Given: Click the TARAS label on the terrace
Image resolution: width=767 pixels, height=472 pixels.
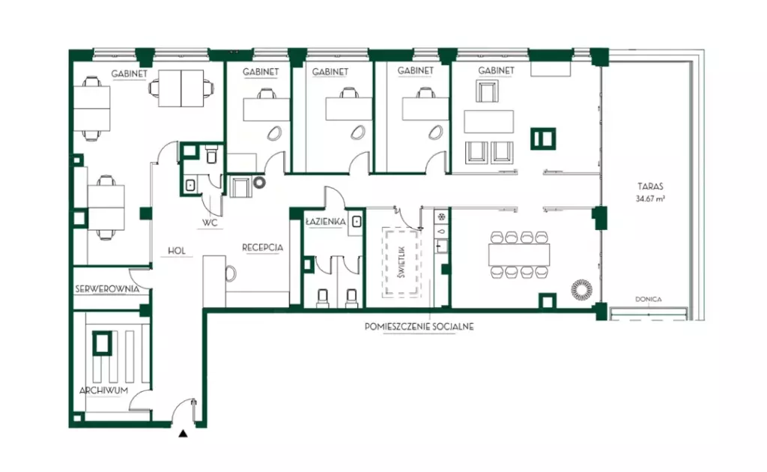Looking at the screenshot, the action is click(x=650, y=187).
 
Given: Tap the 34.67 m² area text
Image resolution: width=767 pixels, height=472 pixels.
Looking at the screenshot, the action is click(x=650, y=199).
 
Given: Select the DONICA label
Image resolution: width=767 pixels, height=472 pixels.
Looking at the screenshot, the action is click(x=648, y=300).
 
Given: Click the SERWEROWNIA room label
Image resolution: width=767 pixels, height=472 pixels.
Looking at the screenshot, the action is click(x=107, y=289).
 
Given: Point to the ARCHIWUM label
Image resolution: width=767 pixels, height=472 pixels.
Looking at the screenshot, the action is click(x=103, y=390).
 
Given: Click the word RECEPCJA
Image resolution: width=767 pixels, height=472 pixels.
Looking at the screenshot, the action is click(x=263, y=247).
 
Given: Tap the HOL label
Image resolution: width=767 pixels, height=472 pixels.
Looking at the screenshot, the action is click(x=177, y=250).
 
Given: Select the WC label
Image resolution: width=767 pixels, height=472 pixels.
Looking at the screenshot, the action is click(x=210, y=223).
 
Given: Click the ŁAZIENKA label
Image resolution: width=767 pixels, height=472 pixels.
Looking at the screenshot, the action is click(x=325, y=222).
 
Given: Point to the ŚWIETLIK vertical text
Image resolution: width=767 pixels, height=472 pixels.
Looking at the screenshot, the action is click(x=401, y=262).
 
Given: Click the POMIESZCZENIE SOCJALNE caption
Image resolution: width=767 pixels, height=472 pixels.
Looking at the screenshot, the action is click(x=419, y=326).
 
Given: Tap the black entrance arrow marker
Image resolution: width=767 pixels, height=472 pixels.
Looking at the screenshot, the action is click(x=183, y=433).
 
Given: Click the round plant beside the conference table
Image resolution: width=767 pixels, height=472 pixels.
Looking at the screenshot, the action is click(x=581, y=289).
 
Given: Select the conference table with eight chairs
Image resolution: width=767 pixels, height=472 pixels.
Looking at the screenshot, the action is click(x=519, y=254).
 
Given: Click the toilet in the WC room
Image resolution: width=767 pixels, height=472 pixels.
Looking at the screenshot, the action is click(x=212, y=155).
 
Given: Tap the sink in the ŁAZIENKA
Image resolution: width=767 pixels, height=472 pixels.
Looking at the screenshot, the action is click(x=357, y=222).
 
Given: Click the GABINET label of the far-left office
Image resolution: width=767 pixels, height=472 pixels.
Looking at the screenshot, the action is click(x=129, y=74).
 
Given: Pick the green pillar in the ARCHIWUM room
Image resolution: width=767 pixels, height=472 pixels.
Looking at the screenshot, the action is click(x=102, y=343).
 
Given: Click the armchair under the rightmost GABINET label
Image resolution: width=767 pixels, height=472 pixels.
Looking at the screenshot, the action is click(x=487, y=91).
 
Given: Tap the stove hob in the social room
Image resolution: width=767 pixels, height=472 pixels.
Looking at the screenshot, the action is click(x=441, y=217).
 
